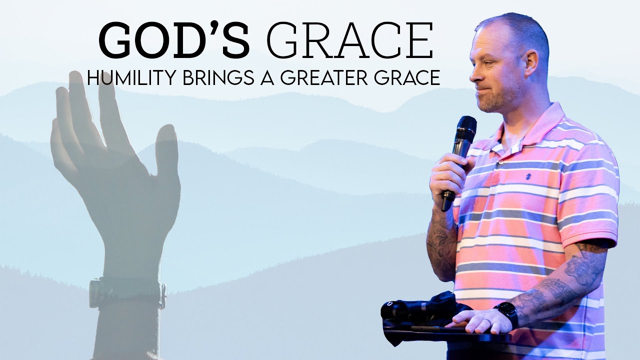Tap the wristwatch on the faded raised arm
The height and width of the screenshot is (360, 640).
(127, 293)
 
